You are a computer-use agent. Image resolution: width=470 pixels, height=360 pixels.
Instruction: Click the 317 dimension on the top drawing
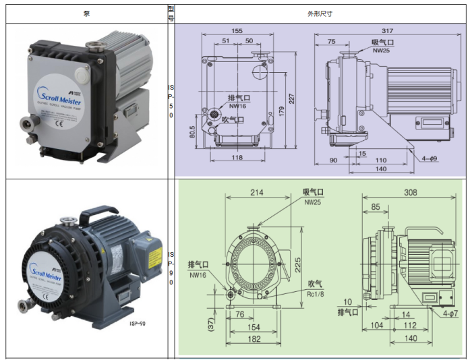[x=387, y=31]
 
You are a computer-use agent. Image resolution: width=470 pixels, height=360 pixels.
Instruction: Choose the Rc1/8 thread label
[x=314, y=292]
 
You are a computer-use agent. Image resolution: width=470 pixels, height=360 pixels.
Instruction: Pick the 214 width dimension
[x=256, y=192]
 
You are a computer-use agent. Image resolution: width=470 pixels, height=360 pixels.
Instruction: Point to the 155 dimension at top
[x=237, y=31]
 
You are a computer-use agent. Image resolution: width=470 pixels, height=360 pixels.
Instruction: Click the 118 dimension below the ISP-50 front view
[x=236, y=157]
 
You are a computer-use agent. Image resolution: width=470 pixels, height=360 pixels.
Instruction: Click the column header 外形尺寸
[x=320, y=13]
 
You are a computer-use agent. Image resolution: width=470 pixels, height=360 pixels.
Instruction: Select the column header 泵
[x=86, y=13]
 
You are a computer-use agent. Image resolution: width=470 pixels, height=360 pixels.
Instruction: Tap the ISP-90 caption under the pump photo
[x=138, y=324]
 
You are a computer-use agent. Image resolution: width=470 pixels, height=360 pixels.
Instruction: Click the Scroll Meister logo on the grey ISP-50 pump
[x=57, y=84]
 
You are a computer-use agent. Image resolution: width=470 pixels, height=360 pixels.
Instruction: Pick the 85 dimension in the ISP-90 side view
[x=374, y=207]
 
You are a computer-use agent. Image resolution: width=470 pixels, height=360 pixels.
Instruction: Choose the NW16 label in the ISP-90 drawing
[x=197, y=275]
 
